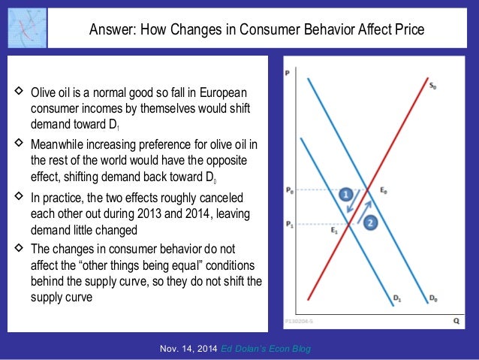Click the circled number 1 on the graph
346,194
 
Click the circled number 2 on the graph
371,222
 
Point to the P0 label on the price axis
291,191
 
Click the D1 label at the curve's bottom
397,298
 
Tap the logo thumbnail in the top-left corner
26,26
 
